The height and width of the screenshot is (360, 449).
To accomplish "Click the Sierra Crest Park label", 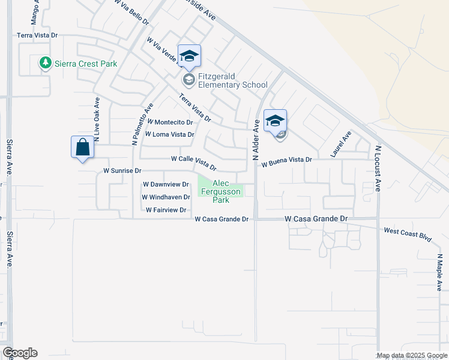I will tap(85, 64).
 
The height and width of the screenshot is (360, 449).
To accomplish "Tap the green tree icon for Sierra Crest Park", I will tap(44, 62).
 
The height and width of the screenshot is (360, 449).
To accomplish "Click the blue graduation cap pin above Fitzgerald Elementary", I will tap(190, 57).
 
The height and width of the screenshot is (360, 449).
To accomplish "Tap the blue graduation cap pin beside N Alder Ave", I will tap(275, 121).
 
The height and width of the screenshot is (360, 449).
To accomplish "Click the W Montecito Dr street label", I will tap(170, 122).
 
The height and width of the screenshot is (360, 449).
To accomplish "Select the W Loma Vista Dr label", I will tap(169, 134).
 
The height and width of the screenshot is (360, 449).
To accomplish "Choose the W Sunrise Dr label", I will tap(122, 171).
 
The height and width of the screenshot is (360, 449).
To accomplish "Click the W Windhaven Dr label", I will tap(166, 197).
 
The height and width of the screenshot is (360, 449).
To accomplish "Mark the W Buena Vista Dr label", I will tap(287, 160).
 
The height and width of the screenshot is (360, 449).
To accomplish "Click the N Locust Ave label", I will tap(378, 168).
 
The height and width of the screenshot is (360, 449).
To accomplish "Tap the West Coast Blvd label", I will tap(408, 234).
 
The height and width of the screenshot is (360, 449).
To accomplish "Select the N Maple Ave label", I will tap(440, 272).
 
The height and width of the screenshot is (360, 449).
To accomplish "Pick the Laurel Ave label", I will tap(340, 145).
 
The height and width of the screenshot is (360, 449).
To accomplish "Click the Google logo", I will tap(20, 353).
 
